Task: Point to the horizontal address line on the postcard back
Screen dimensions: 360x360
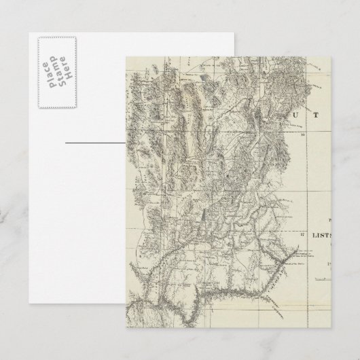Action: (x=95, y=143)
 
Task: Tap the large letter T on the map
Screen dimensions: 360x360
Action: (x=314, y=115)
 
